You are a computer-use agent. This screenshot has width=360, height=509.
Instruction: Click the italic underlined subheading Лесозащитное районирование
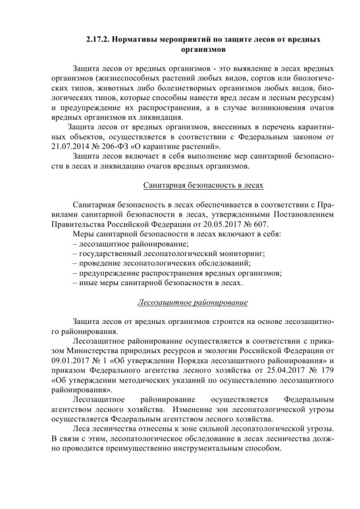click(192, 303)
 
